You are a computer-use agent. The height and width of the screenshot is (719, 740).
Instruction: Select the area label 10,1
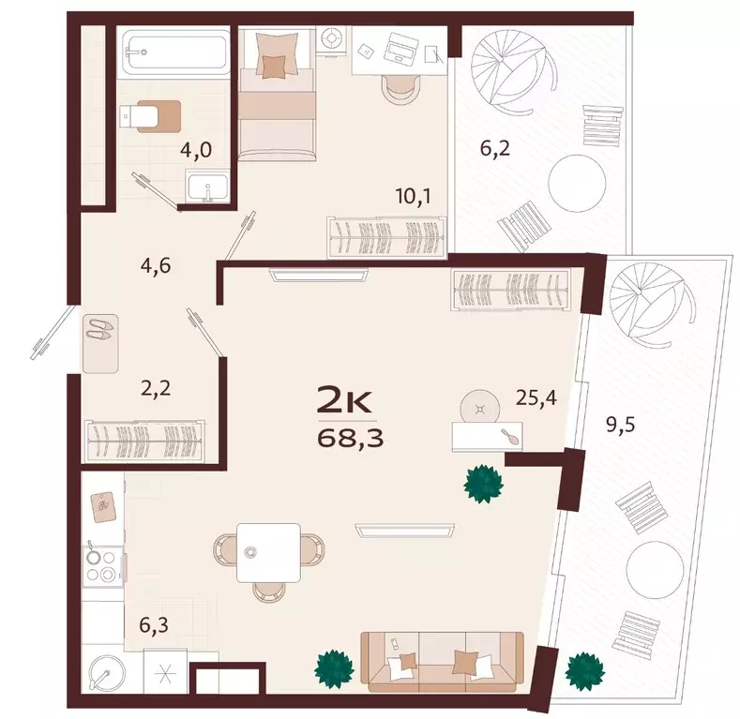[414, 196]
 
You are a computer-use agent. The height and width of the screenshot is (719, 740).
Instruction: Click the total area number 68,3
[350, 439]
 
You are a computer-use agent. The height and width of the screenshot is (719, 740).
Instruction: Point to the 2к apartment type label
[346, 400]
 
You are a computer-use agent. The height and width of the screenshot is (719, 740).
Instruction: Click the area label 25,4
[536, 398]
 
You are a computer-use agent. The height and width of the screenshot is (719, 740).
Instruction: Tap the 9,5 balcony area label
[621, 425]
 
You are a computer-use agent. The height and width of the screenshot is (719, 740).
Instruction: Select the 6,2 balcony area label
[495, 149]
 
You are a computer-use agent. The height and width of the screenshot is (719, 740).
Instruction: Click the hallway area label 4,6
[156, 266]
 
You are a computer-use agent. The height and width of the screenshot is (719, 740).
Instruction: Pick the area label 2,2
[156, 389]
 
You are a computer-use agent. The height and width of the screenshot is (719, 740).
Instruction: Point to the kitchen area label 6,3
[154, 626]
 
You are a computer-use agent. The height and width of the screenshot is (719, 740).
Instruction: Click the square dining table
[268, 552]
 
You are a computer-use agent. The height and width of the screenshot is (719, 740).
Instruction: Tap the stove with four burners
[102, 566]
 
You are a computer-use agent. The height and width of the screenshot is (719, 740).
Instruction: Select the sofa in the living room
[442, 662]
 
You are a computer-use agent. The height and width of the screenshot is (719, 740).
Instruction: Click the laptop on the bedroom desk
[400, 49]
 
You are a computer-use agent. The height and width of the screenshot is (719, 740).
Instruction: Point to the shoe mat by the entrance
[100, 344]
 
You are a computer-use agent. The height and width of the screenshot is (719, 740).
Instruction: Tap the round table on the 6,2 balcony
[577, 184]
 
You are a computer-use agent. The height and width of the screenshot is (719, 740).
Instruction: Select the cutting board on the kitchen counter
[104, 507]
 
